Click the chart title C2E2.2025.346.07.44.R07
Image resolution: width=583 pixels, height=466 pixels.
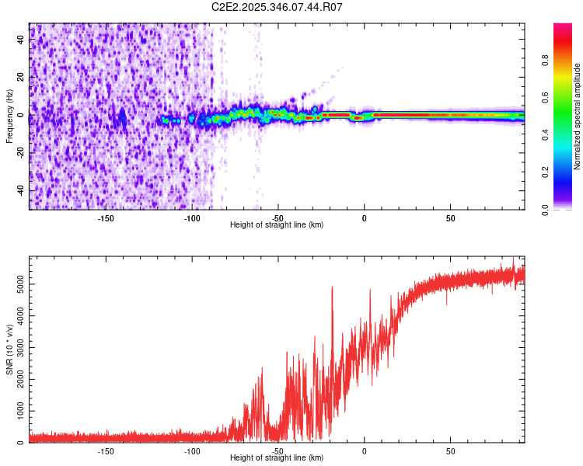click(277, 7)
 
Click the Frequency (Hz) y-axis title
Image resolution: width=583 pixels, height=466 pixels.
click(9, 116)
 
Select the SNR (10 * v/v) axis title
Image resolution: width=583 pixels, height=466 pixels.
click(9, 349)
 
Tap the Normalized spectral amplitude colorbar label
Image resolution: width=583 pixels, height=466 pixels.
click(577, 116)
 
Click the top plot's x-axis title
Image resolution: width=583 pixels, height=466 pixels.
click(277, 224)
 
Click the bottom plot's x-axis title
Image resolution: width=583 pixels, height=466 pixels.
click(277, 457)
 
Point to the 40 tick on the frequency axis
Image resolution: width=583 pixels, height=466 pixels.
click(22, 40)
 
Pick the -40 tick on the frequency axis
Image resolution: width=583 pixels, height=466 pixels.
click(22, 190)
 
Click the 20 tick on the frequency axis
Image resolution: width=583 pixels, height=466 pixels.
click(22, 78)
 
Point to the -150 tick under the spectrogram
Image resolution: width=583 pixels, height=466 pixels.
click(106, 217)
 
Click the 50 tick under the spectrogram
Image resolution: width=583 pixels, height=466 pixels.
click(450, 217)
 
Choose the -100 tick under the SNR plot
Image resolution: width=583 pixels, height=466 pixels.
click(192, 450)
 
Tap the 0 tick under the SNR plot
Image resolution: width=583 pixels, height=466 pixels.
click(364, 450)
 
